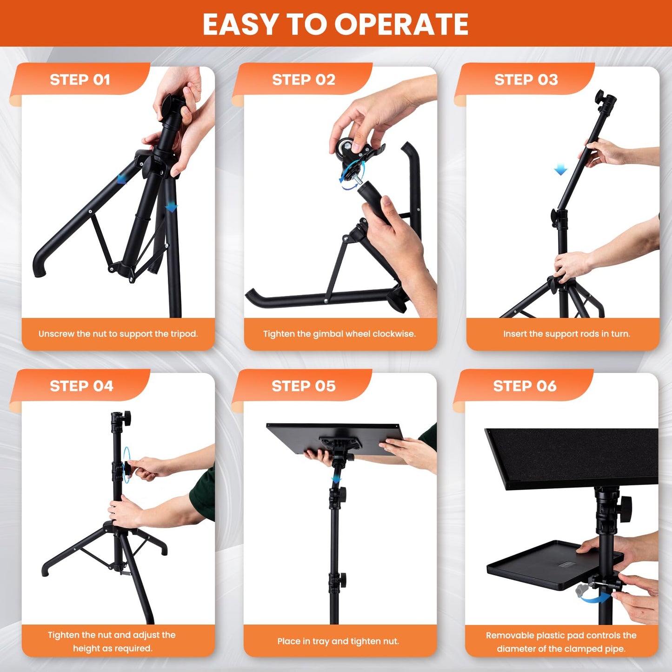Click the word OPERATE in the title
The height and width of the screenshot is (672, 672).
click(402, 24)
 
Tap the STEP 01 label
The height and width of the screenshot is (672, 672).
click(80, 80)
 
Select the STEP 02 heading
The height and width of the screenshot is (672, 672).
click(303, 80)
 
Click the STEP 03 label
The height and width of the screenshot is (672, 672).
click(526, 80)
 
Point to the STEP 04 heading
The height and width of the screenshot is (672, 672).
click(81, 386)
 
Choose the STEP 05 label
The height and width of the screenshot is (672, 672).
click(303, 386)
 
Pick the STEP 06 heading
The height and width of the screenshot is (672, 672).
click(525, 386)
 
